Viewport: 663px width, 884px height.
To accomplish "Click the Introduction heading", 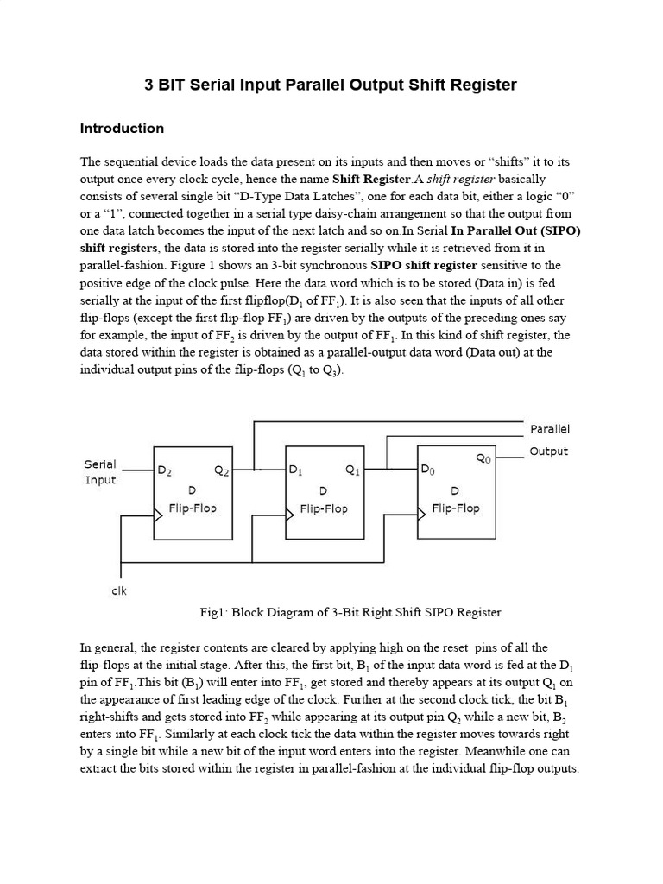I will tap(122, 129).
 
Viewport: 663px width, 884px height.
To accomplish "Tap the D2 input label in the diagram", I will tap(164, 471).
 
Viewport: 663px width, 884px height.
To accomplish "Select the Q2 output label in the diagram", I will tap(222, 471).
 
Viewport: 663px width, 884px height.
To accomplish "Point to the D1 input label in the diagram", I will tap(296, 471).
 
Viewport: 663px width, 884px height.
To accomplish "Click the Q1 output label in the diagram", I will tap(353, 471).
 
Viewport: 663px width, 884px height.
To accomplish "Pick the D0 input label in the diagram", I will tap(428, 471).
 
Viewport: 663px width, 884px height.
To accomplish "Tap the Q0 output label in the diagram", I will tap(484, 460).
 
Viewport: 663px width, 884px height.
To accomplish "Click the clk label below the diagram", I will tap(120, 591).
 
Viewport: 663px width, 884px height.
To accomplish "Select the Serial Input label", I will tap(100, 471).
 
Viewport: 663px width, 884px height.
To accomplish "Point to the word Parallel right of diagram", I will tap(550, 429).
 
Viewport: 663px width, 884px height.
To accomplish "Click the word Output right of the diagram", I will tap(549, 451).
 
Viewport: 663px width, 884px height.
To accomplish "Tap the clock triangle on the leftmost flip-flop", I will tap(158, 515).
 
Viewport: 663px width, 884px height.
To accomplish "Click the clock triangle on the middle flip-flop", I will tap(290, 515).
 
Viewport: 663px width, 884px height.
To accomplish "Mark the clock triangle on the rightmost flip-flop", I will tap(421, 514).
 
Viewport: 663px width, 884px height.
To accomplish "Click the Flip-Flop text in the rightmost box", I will tap(455, 508).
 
